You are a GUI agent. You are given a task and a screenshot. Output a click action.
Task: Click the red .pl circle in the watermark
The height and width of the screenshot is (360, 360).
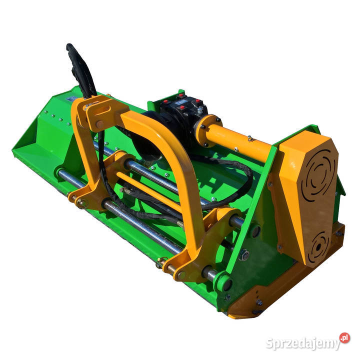pos(344,337)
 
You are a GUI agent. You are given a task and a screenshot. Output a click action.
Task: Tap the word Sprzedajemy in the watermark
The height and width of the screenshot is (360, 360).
pos(303,343)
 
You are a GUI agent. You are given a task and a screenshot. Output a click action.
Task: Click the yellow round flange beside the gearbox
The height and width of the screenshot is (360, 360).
pos(206,130)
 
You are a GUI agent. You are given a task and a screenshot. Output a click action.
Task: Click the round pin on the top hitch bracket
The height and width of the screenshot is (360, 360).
pos(99,124)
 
